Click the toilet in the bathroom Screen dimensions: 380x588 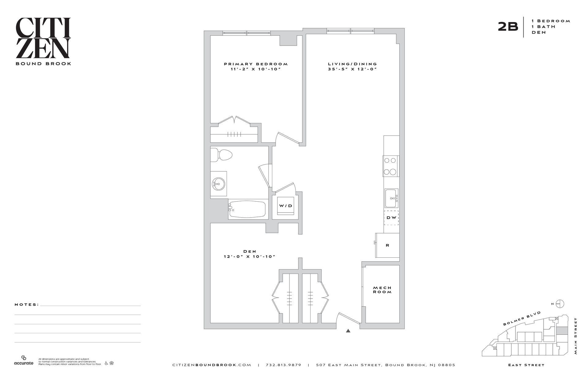click(x=223, y=155)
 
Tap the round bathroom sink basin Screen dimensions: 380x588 click(x=219, y=184)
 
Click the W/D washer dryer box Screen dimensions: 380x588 click(x=285, y=206)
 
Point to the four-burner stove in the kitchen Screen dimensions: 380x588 click(x=390, y=166)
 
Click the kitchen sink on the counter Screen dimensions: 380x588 click(x=391, y=198)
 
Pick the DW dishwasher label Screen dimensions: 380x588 click(x=391, y=218)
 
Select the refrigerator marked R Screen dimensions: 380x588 click(x=387, y=245)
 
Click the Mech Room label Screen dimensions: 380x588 click(x=382, y=290)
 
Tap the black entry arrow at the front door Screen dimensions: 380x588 click(x=348, y=331)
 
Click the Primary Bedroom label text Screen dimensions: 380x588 click(x=256, y=64)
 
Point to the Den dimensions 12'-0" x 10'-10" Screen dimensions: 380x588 click(x=250, y=257)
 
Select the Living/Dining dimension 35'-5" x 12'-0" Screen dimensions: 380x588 click(x=352, y=69)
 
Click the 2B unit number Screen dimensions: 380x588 click(x=508, y=27)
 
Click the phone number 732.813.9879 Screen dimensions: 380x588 click(x=283, y=365)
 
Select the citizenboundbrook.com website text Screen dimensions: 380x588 click(x=212, y=365)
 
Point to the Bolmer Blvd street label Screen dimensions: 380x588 click(x=522, y=318)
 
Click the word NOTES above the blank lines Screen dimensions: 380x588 click(x=27, y=305)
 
